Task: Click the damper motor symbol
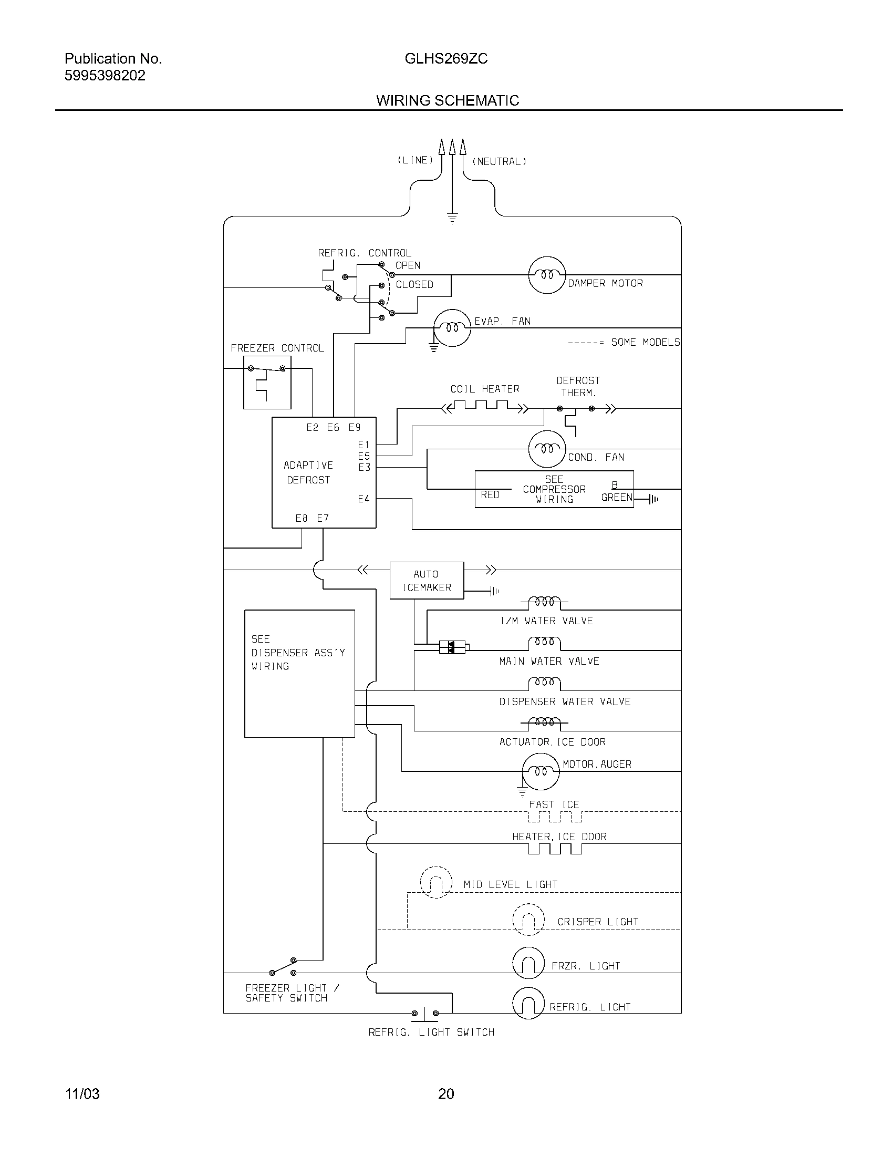point(547,275)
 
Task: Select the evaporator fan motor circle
point(452,328)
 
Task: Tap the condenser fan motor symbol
point(547,449)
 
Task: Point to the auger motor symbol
point(540,772)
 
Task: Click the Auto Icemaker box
point(427,581)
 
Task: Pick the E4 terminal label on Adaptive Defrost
point(364,499)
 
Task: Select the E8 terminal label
point(302,518)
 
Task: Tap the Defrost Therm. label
point(578,386)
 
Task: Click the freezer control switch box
point(267,382)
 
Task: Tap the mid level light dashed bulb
point(436,882)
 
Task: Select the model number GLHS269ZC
point(446,59)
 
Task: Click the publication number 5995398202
point(105,76)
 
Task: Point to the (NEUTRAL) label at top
point(499,161)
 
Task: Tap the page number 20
point(446,1093)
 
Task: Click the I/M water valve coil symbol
point(544,602)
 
